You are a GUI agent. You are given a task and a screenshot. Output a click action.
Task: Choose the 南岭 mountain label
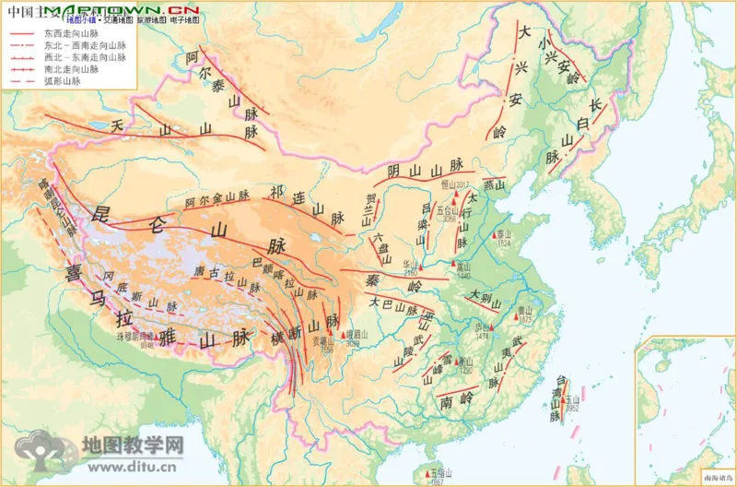point(458,401)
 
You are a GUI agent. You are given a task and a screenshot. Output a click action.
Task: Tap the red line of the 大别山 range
point(486,301)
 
